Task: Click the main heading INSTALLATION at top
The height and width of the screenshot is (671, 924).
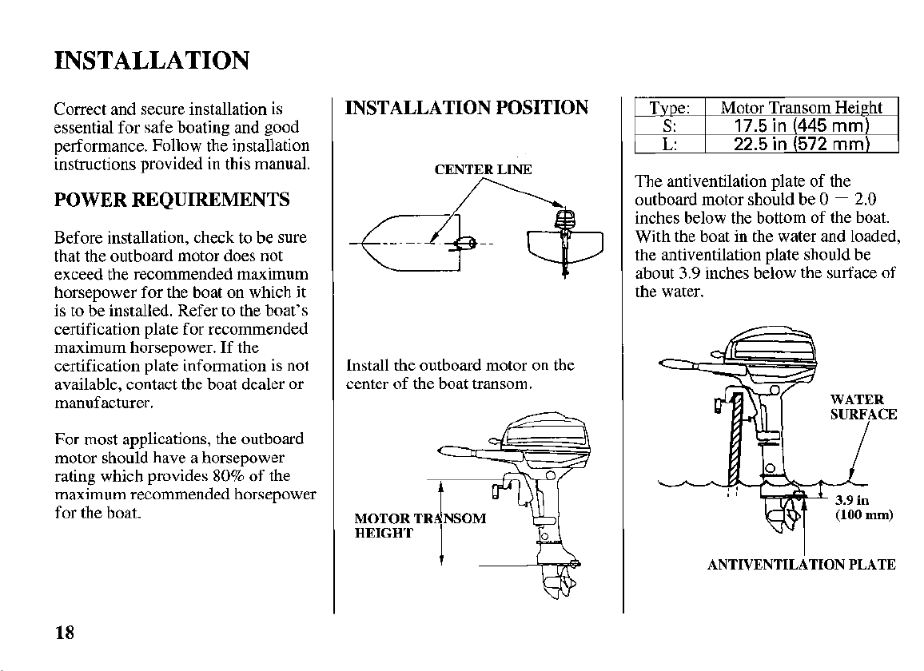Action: coord(151,61)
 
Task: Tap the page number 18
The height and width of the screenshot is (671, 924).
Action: coord(65,633)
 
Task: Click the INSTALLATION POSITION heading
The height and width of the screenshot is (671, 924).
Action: coord(467,108)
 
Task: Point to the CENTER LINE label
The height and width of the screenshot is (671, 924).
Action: coord(483,169)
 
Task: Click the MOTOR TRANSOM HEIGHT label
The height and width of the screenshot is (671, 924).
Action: coord(419,526)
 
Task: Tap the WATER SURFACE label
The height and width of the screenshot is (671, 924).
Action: coord(862,407)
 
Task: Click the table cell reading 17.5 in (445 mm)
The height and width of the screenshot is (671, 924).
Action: coord(801,126)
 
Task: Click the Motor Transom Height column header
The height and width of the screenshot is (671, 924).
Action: coord(801,109)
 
